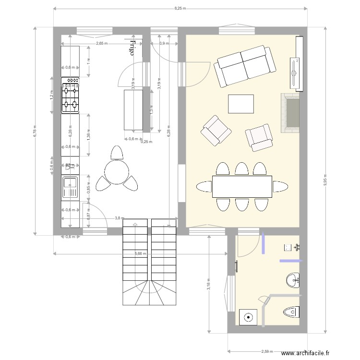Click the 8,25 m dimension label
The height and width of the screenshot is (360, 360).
coord(180,8)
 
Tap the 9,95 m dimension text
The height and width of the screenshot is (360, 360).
coord(325,180)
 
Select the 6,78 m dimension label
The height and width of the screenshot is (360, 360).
coord(35,131)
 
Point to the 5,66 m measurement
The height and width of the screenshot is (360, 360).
coord(141,253)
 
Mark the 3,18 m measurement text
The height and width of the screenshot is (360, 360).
coord(209,285)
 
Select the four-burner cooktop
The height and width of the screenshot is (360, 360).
coord(70,96)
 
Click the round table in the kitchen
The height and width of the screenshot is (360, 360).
coord(117,172)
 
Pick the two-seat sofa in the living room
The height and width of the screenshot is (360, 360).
coord(246,66)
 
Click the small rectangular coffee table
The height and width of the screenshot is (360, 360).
coord(241,104)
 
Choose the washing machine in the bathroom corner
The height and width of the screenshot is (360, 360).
coord(249,317)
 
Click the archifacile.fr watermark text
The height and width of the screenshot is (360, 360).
coord(306,353)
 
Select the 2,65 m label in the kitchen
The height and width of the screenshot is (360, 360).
coord(101,44)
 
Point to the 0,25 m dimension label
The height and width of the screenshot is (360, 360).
coord(146,142)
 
